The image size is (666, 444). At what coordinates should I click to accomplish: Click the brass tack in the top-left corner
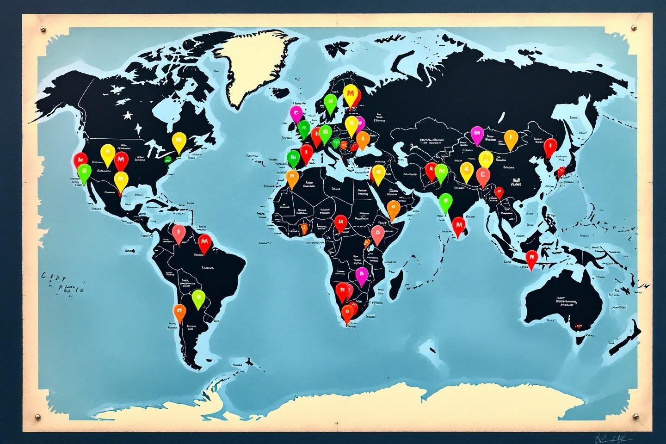(x=43, y=30)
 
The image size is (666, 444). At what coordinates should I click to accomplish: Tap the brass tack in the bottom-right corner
(x=635, y=418)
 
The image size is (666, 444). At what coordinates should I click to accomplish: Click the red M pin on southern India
(x=458, y=226)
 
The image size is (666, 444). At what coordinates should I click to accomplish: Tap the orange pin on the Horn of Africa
(x=393, y=209)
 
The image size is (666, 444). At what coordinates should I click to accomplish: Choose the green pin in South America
(x=198, y=298)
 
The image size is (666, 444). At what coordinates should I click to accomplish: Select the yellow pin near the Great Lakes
(x=179, y=141)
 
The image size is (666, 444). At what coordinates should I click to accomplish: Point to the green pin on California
(x=84, y=173)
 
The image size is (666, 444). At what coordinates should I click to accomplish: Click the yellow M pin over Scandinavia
(x=351, y=94)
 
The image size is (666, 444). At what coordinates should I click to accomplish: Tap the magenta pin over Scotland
(x=296, y=113)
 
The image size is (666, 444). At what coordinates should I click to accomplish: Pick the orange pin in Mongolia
(x=511, y=138)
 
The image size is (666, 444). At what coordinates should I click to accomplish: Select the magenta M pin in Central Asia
(x=477, y=135)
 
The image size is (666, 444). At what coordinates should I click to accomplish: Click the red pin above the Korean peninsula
(x=550, y=147)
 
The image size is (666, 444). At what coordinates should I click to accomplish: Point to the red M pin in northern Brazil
(x=204, y=243)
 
